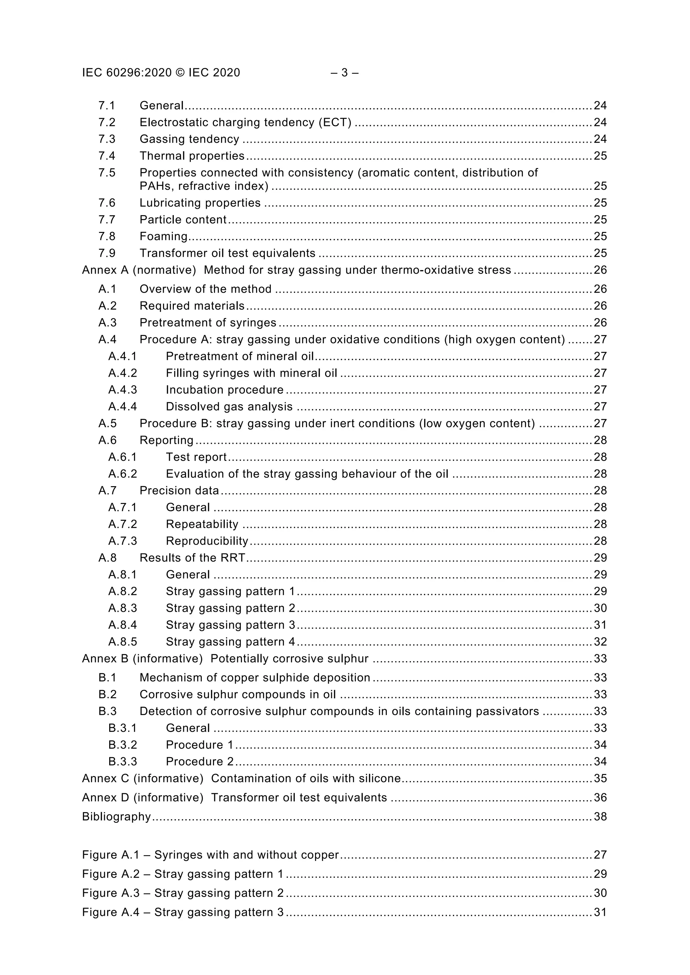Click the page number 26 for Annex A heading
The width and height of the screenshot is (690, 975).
[600, 270]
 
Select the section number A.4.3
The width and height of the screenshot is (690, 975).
[122, 390]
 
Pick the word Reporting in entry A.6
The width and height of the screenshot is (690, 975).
[166, 440]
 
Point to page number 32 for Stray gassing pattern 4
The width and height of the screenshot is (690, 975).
[600, 642]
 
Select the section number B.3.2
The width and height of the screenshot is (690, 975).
[122, 745]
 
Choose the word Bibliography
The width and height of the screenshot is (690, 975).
[117, 817]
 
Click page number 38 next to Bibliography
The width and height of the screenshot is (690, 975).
[600, 817]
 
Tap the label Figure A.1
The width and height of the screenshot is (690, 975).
[111, 855]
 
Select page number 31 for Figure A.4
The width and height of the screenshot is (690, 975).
[600, 912]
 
